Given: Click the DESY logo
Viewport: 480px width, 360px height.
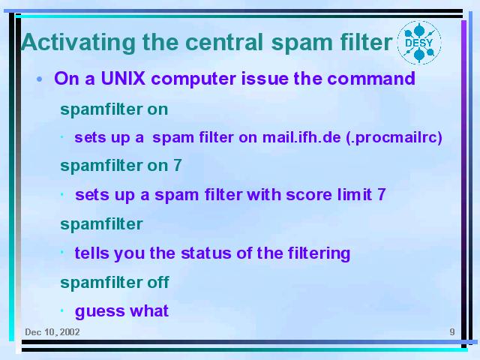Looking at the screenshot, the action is point(419,43).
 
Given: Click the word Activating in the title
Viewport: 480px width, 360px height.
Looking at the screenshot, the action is point(78,43).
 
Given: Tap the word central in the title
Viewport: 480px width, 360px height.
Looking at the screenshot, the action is point(224,42).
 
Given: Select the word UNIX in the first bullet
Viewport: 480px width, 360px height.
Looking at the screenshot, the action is point(123,78).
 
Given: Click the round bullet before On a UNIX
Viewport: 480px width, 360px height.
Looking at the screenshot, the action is point(39,79).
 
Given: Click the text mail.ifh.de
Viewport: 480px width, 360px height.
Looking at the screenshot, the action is point(301,137).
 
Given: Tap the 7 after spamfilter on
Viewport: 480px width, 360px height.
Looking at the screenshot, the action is point(178,165).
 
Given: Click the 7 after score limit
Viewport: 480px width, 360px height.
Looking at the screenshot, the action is point(382,194).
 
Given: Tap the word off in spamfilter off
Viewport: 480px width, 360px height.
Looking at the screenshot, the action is point(158,282).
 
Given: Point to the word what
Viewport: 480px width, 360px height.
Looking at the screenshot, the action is point(149,310).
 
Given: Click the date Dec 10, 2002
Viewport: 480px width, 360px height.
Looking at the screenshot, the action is point(52,332).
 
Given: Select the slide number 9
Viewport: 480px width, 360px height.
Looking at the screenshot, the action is point(452,331).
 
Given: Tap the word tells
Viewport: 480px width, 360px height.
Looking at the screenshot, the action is point(91,253).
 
